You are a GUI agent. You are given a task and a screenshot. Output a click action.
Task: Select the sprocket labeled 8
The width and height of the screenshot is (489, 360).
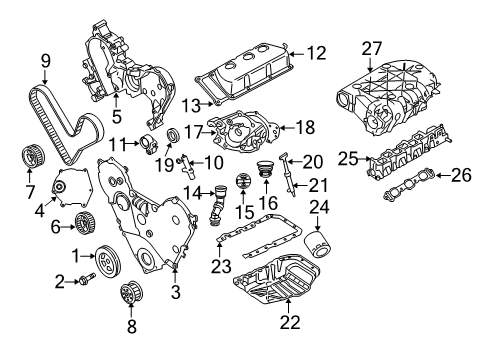point(128,297)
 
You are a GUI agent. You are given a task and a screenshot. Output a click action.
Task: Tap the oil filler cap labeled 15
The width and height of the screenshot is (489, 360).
point(240,185)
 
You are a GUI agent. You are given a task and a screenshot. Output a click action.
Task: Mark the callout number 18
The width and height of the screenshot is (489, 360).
point(307,127)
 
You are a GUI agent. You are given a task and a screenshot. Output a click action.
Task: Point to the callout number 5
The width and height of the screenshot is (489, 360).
point(117,98)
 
